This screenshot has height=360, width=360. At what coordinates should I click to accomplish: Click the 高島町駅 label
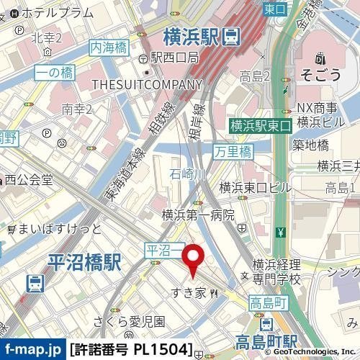pos(266,341)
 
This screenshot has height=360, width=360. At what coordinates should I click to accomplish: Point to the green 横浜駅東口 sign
pos(260,125)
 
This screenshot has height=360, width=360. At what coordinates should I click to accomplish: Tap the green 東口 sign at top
pos(274,9)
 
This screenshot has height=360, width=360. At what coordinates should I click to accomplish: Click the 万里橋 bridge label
pos(234,151)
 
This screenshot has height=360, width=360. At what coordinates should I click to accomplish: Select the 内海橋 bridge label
pos(109,48)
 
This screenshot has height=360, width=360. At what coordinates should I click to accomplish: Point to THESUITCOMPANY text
pos(138,84)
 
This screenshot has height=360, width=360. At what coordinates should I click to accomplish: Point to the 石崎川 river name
pos(187,175)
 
